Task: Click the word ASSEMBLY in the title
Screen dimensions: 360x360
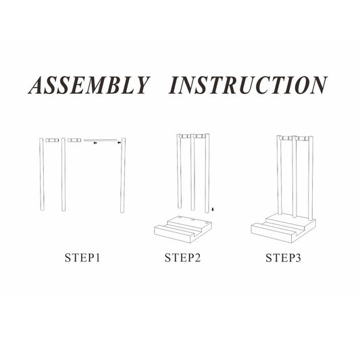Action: pos(89,85)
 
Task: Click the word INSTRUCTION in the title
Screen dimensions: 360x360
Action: pos(248,85)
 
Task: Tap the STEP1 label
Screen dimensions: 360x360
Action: pos(82,258)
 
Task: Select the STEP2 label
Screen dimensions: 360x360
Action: pos(182,258)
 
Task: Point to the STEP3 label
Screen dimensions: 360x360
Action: pos(283,258)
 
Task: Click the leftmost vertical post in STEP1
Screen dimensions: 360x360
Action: pos(42,174)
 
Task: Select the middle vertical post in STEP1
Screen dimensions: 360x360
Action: pos(63,174)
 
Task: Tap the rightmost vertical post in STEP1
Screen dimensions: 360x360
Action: pos(123,175)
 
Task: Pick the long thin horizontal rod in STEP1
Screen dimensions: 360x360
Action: pos(101,140)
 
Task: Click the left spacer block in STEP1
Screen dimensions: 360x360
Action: pos(52,140)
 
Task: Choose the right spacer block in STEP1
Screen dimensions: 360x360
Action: pos(74,140)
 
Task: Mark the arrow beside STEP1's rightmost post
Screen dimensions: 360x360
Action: pos(119,143)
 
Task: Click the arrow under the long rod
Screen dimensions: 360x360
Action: pos(95,143)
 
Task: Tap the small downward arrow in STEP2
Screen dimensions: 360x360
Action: pos(213,209)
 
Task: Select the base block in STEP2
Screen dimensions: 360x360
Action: pos(183,229)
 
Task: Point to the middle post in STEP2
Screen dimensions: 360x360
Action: pos(192,172)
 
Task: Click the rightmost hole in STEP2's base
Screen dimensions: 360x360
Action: pos(207,222)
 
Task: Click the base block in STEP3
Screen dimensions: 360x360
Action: pos(283,228)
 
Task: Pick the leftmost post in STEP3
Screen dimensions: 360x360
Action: pos(280,175)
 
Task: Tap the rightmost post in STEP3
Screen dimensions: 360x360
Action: pos(311,178)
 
